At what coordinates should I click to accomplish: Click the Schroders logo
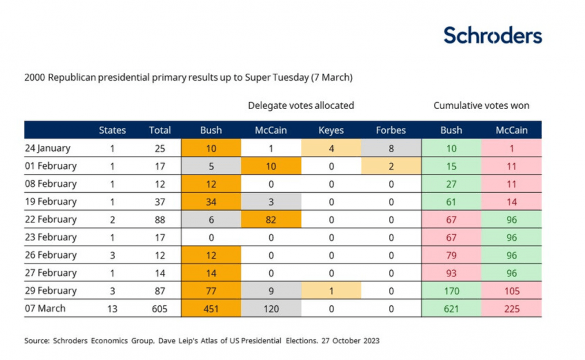point(492,35)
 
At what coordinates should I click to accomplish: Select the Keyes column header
point(331,130)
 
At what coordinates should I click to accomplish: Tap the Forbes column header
point(391,130)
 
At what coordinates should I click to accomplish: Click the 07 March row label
point(45,308)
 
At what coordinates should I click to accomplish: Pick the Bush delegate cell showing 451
point(211,309)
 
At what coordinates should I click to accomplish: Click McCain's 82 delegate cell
point(271,219)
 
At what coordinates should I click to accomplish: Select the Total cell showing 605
point(158,309)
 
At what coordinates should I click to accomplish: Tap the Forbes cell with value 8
point(391,148)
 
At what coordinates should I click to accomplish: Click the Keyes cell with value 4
point(331,148)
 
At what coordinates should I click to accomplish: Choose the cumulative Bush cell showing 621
point(451,309)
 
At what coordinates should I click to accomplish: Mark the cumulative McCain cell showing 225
point(511,309)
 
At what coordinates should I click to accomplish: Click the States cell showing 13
point(112,309)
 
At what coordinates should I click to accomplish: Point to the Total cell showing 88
point(158,219)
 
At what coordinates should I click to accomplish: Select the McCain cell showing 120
point(271,309)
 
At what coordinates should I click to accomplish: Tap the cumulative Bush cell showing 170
point(451,291)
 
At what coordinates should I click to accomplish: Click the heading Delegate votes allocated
point(301,105)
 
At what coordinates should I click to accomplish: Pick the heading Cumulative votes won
point(481,105)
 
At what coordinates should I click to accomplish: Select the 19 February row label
point(51,201)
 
